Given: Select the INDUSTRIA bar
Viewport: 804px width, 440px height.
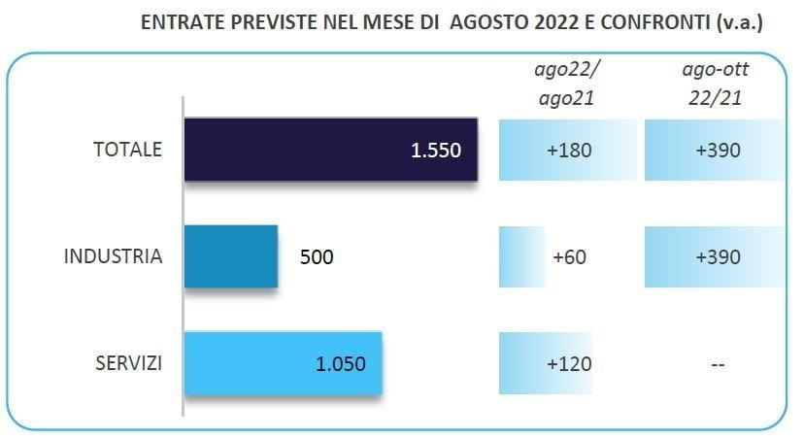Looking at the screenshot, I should (x=231, y=256).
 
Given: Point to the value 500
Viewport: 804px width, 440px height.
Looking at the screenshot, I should (x=316, y=257).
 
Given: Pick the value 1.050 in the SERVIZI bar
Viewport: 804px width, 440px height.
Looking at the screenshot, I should (x=341, y=364).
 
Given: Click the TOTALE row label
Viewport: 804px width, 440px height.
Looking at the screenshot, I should (x=126, y=150).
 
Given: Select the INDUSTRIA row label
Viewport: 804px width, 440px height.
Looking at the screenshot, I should (x=113, y=257).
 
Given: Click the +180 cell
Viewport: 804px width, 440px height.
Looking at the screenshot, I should (x=568, y=151).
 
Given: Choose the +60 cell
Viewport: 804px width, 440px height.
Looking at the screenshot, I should (x=568, y=257).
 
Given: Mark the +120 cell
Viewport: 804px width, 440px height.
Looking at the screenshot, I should (x=568, y=364).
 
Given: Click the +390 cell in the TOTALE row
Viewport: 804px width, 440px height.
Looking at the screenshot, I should (x=718, y=151).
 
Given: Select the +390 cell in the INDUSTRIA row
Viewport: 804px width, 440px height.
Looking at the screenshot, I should (x=718, y=257).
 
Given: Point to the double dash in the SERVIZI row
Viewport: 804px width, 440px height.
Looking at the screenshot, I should (x=718, y=364).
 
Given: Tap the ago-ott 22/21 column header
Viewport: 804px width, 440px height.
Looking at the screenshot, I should (x=717, y=84).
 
